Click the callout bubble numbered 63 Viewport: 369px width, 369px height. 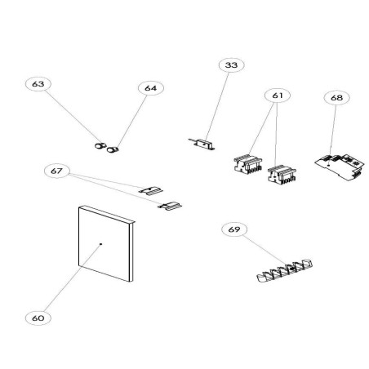coord(38,84)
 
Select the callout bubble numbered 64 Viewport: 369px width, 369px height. coord(149,88)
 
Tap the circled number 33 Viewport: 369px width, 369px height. coord(230,65)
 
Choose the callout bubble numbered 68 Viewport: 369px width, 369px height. coord(336,97)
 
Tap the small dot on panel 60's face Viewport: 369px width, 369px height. coord(100,244)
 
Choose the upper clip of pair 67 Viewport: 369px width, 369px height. coord(149,189)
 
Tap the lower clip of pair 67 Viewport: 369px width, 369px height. coord(171,206)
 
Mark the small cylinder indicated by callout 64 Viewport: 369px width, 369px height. coord(113,148)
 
